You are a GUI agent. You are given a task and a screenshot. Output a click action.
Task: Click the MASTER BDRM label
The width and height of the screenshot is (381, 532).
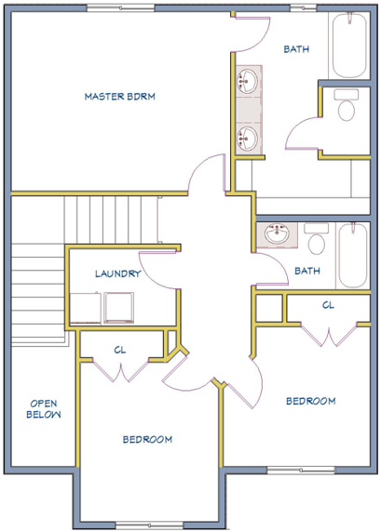coord(120,97)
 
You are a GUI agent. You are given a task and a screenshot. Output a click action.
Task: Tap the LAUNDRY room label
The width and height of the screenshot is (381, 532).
coord(118,273)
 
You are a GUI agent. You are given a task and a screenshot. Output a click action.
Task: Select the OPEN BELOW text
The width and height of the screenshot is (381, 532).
coord(44,409)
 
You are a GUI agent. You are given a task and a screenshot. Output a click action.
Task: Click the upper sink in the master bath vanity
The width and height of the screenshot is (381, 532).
coord(247,81)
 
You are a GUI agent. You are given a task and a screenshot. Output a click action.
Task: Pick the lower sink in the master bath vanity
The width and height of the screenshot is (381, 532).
coord(247,138)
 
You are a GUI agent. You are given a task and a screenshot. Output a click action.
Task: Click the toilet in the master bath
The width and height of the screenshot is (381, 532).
coord(347,104)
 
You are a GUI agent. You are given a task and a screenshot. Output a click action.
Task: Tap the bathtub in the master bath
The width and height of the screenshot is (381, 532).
coord(349,46)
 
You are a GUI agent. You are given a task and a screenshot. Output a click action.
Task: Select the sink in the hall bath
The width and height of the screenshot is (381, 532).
coord(277,233)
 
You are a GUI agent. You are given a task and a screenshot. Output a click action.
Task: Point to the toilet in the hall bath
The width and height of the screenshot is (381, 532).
coord(316,238)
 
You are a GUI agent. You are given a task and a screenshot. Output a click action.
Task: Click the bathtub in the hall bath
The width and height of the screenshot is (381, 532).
coord(353,255)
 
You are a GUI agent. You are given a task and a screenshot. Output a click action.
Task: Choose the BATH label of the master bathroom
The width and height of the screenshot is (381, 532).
coord(297,49)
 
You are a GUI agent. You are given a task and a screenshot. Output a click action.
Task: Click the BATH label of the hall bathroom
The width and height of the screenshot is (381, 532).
coord(307,271)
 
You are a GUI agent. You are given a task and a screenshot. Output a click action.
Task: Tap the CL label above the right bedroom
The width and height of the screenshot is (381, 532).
coord(328,305)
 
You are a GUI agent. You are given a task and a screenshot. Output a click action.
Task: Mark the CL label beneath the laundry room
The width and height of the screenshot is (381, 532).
coord(120,350)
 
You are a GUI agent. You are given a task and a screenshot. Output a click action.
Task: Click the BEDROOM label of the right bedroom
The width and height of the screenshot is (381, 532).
coord(311,401)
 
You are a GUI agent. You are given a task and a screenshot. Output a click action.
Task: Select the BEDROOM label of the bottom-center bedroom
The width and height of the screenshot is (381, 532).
coord(147,440)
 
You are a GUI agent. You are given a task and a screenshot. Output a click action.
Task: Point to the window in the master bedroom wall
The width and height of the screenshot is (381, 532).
coord(121,7)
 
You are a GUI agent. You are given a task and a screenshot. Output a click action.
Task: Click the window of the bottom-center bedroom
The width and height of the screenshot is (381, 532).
coord(150,525)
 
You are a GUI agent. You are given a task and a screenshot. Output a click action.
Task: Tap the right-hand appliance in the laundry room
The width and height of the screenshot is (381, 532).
coord(118,307)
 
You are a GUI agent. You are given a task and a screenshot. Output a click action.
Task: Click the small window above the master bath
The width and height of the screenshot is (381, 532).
coord(303,7)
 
